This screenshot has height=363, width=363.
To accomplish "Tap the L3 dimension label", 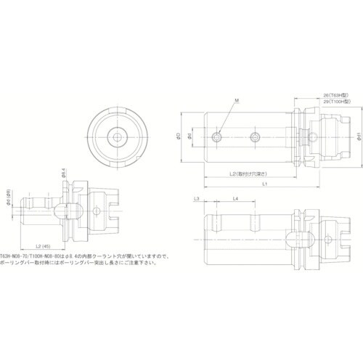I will point(197,198).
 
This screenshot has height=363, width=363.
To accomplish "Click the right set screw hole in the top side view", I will point(255,136).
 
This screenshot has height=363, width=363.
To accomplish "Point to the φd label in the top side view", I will point(189,136).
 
